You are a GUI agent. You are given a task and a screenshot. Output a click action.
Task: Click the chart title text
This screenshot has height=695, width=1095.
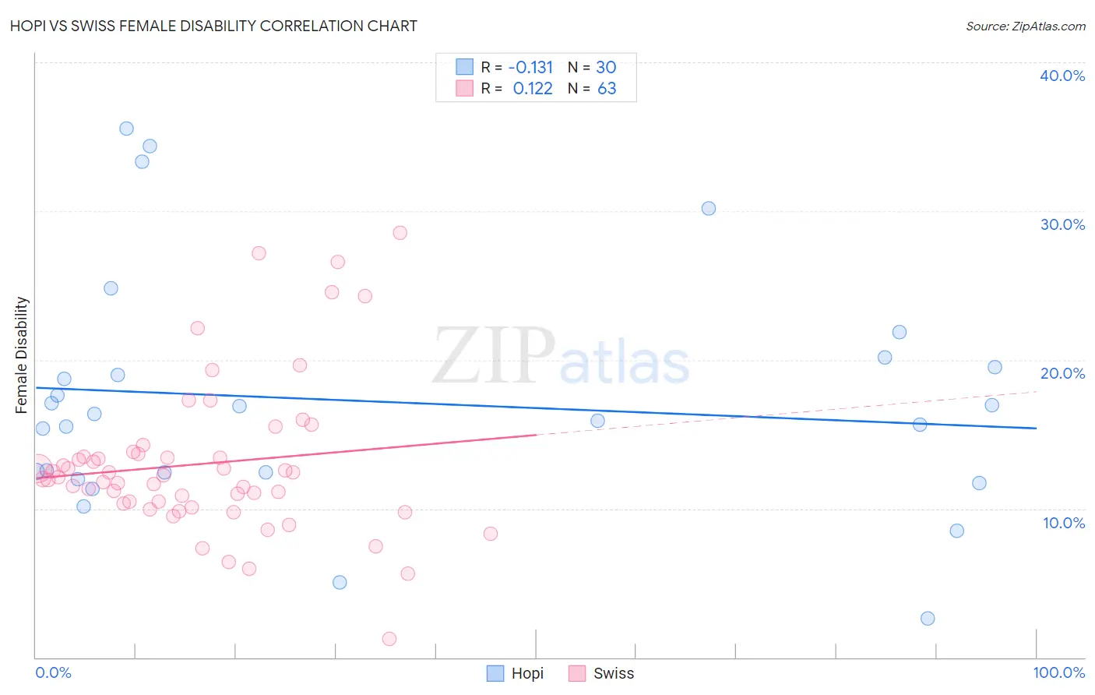click(213, 26)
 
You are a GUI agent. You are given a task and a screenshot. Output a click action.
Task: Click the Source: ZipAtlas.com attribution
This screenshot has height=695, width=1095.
click(1025, 26)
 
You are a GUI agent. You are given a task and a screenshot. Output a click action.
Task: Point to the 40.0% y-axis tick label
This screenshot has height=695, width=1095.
click(1062, 76)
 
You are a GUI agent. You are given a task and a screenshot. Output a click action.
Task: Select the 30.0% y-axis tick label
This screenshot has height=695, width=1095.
click(1062, 224)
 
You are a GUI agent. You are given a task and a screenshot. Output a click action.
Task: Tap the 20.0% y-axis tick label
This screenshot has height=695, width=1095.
click(1062, 373)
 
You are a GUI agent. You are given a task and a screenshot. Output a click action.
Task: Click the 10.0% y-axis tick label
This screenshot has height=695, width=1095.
click(1064, 523)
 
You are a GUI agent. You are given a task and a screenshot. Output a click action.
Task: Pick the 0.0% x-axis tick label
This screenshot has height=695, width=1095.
click(53, 672)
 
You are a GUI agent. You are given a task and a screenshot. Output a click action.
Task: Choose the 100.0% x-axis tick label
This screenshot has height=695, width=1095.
click(1058, 672)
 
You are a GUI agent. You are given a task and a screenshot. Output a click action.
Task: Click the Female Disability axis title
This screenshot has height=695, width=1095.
click(22, 355)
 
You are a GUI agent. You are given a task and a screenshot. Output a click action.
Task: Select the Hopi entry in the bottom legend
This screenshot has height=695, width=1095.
click(516, 673)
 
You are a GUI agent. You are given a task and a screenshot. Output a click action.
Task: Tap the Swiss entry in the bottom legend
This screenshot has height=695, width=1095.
click(601, 673)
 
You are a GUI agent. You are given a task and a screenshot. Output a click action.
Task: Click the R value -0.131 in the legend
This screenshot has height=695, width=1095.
click(530, 67)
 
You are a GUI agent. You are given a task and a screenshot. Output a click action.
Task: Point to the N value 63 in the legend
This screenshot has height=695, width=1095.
click(607, 88)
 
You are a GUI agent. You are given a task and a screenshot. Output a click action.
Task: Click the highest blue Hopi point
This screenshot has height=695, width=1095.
click(126, 129)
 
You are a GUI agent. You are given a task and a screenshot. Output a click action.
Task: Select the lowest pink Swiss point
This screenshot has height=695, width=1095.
click(389, 639)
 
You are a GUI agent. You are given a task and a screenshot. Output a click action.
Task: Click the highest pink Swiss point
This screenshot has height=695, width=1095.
click(400, 232)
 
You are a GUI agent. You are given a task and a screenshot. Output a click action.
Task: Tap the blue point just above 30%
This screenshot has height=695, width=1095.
click(708, 208)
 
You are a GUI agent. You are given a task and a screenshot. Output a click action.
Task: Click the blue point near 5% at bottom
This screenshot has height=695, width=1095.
click(340, 582)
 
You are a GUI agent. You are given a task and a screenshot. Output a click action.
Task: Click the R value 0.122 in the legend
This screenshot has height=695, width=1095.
click(533, 88)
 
